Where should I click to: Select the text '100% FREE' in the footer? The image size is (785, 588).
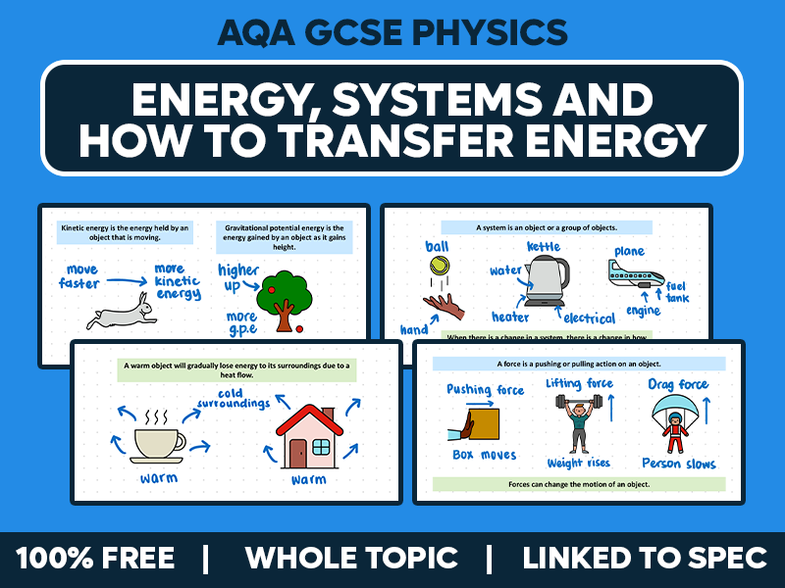tap(95, 558)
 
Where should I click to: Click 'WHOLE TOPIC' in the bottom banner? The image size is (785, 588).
tap(350, 558)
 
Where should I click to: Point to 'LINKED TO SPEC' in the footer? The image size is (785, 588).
tap(644, 558)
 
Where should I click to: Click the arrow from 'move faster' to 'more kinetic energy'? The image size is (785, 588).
tap(129, 280)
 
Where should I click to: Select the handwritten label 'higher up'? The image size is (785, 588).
tap(238, 277)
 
